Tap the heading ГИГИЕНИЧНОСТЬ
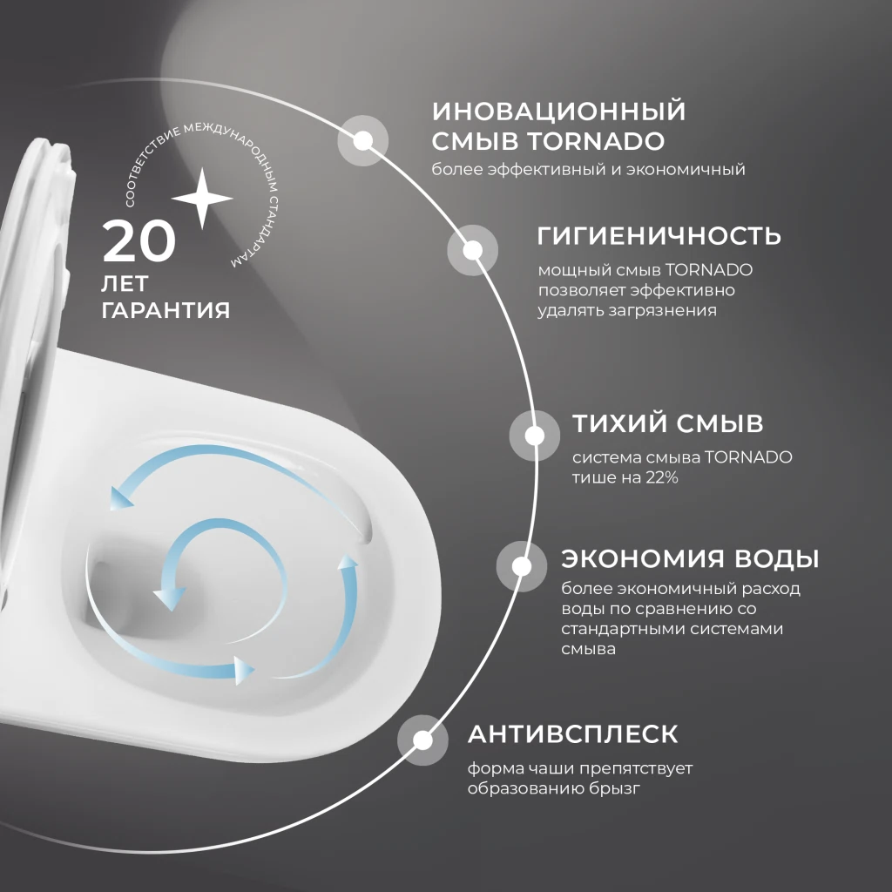tap(659, 236)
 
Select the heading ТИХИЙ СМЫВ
tap(667, 424)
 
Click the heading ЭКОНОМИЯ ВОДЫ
tap(690, 558)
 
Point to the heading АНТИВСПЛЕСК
tap(572, 733)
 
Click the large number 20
tap(139, 241)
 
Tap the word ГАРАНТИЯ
tap(166, 310)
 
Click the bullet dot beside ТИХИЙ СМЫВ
tap(535, 434)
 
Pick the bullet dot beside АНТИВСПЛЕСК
tap(422, 741)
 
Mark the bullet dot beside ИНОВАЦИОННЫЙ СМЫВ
tap(363, 140)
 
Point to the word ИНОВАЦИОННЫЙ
tap(558, 111)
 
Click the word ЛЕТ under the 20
tap(125, 285)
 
